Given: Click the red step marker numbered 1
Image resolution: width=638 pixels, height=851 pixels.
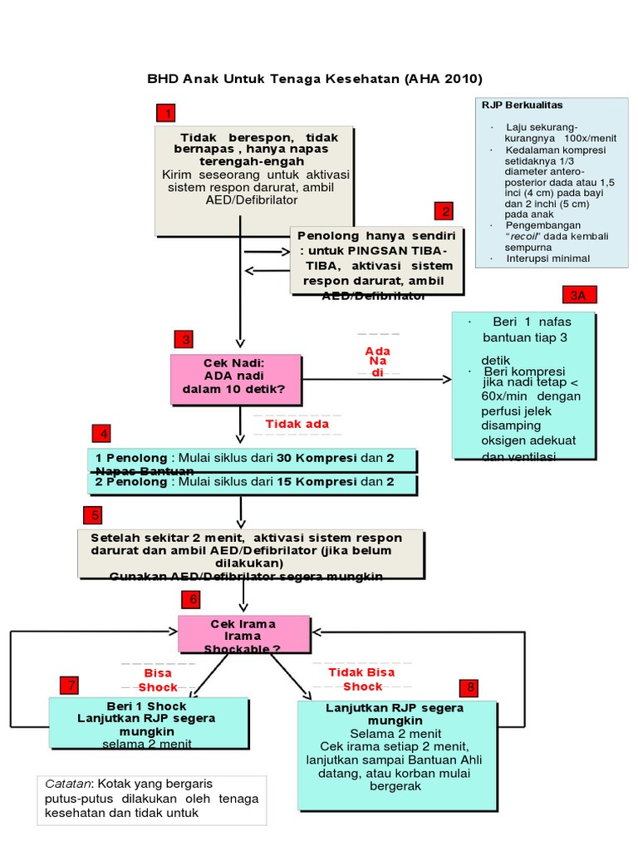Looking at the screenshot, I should pyautogui.click(x=166, y=112).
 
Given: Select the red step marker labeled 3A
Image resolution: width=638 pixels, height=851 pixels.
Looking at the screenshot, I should pyautogui.click(x=578, y=295).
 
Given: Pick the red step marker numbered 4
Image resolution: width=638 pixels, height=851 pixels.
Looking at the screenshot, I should pyautogui.click(x=102, y=434).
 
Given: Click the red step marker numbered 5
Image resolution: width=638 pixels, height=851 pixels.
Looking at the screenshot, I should pyautogui.click(x=92, y=515).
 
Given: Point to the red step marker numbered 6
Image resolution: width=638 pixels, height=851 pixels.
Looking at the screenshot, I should pyautogui.click(x=193, y=599).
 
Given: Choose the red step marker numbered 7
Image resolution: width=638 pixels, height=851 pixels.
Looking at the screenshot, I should pyautogui.click(x=71, y=685).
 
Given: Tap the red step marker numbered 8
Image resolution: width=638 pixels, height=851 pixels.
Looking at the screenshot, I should pyautogui.click(x=470, y=687).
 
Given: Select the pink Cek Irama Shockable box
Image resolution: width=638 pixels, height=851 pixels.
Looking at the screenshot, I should pyautogui.click(x=244, y=635).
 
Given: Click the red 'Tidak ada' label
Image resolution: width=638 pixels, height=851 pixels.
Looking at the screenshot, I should pyautogui.click(x=297, y=425).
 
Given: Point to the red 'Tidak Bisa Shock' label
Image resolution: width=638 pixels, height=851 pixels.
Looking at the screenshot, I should pyautogui.click(x=362, y=679).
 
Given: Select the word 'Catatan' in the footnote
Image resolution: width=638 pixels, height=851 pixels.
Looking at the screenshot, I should pyautogui.click(x=67, y=784).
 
